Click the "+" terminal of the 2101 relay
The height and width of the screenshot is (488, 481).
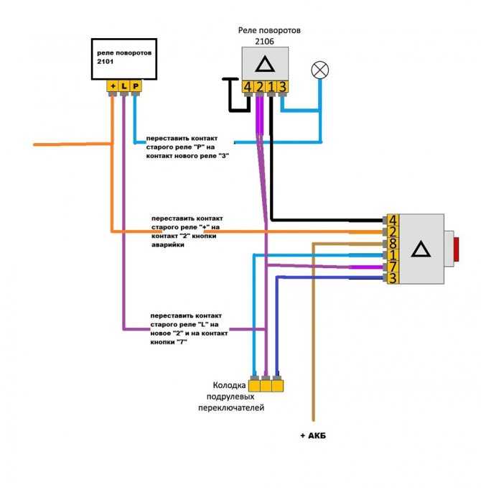point(113,86)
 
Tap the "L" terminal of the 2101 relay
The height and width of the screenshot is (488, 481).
point(124,86)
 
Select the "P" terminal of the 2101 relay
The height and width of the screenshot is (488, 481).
point(136,86)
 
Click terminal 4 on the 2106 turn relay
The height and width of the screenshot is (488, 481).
point(248,87)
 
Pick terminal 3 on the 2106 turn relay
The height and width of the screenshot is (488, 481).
point(282,87)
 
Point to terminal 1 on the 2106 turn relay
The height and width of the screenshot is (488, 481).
point(271,87)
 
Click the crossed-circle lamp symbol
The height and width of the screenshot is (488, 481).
point(320,70)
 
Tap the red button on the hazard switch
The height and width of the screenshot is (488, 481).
point(456,249)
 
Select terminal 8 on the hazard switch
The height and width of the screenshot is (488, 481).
point(393,244)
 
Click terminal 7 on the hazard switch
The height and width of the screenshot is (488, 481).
point(393,267)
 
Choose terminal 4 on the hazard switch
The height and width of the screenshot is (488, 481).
point(393,221)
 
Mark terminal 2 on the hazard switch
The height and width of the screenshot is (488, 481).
point(393,232)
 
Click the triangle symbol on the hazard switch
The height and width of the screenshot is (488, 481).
point(421,249)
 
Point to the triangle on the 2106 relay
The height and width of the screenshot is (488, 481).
point(265,64)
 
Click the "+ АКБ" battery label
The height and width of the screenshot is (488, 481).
point(313,436)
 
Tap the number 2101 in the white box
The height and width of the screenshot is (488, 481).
point(106,62)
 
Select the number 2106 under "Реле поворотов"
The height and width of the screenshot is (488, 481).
point(265,42)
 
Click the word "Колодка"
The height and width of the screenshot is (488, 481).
point(229,385)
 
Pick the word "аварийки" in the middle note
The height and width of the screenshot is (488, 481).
point(168,245)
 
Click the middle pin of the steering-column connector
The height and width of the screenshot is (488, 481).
point(266,386)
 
